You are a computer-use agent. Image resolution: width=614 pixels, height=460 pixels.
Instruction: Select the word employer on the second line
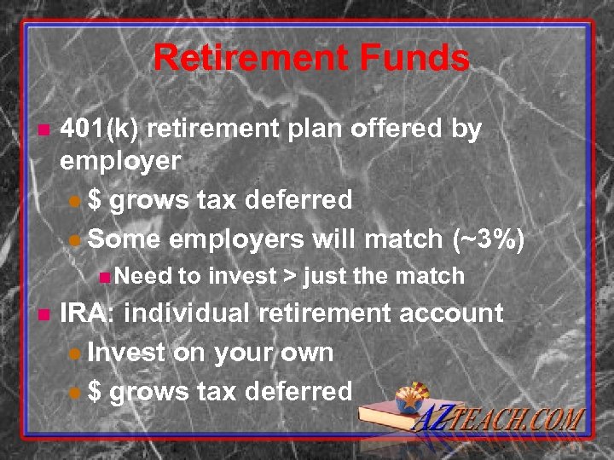[120, 160]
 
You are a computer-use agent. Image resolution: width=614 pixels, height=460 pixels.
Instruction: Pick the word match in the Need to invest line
[435, 276]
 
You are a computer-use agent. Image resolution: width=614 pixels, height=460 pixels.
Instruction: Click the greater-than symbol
[290, 276]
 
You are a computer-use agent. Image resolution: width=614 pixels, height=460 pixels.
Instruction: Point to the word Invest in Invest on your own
[127, 352]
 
